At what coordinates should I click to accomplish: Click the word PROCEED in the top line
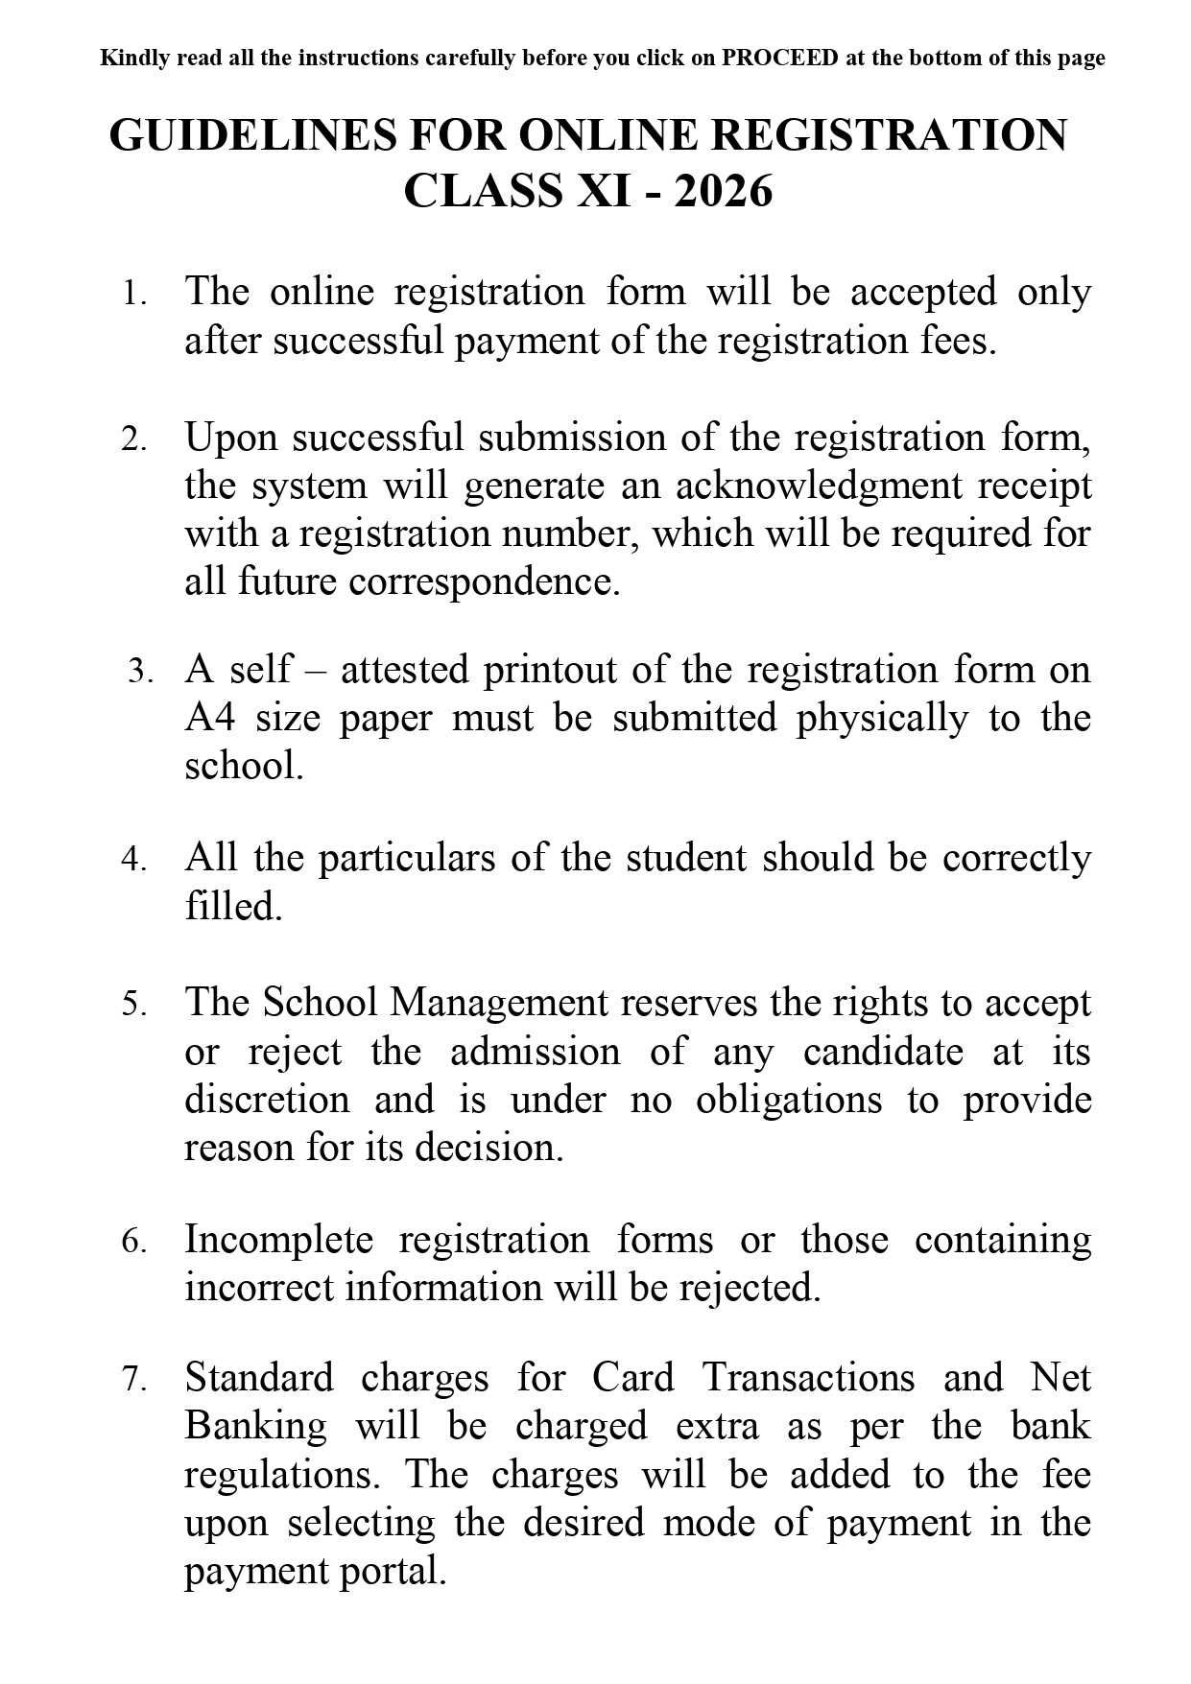(779, 59)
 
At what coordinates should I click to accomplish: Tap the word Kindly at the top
(134, 59)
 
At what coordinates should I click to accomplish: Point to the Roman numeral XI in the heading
(603, 191)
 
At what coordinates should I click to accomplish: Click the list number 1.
(132, 294)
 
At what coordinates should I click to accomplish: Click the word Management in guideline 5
(499, 1003)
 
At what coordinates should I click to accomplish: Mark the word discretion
(267, 1100)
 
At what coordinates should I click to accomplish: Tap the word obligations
(788, 1100)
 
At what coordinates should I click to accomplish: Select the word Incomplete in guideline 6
(278, 1240)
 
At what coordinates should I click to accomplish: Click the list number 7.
(133, 1380)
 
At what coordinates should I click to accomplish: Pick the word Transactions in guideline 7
(808, 1378)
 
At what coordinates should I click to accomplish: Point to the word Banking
(255, 1426)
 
